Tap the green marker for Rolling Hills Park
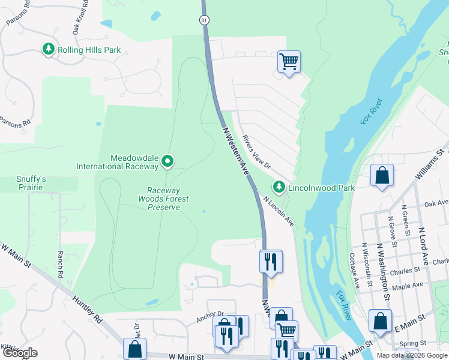pos(49,49)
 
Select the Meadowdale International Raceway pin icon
pos(168,161)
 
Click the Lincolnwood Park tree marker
pos(279,187)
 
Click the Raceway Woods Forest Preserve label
pos(164,199)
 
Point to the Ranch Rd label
pos(60,264)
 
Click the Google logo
pos(20,353)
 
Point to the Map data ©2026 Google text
pos(411,355)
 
